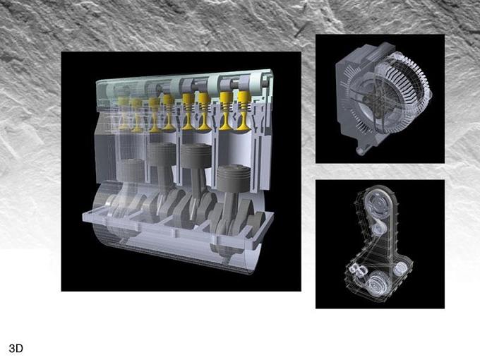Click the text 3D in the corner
click(16, 348)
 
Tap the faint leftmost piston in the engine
click(131, 170)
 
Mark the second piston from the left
click(162, 155)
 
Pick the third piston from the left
click(196, 156)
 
